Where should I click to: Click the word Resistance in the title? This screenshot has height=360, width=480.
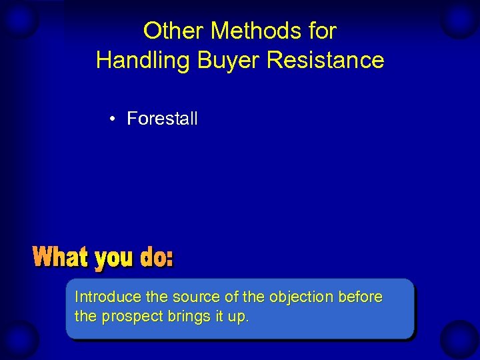pyautogui.click(x=325, y=61)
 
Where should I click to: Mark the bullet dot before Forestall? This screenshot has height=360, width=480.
pyautogui.click(x=115, y=119)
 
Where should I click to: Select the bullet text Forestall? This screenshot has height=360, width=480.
pyautogui.click(x=162, y=119)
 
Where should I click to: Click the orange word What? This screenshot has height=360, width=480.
pyautogui.click(x=61, y=257)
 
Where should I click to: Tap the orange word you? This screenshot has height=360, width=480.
pyautogui.click(x=115, y=259)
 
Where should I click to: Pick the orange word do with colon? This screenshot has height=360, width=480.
pyautogui.click(x=157, y=257)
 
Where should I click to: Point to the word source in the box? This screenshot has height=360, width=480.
pyautogui.click(x=193, y=297)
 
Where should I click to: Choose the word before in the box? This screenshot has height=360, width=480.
pyautogui.click(x=361, y=297)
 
